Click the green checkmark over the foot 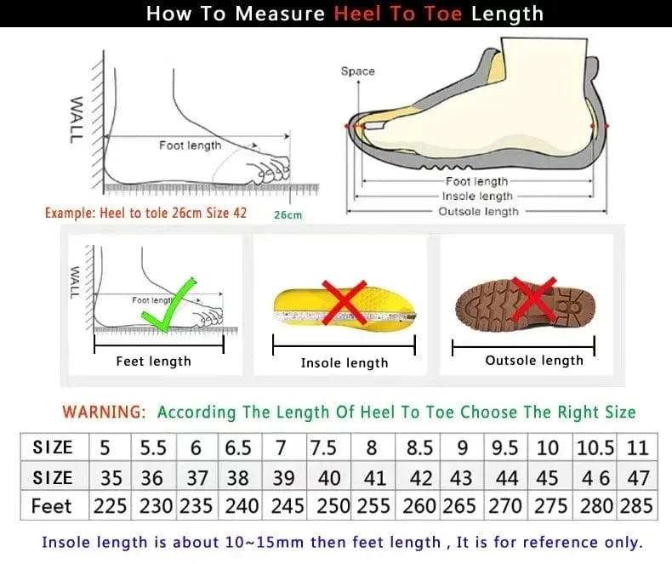pyautogui.click(x=168, y=305)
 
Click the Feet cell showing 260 pyautogui.click(x=420, y=505)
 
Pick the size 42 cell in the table pyautogui.click(x=420, y=477)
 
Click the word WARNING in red pyautogui.click(x=103, y=412)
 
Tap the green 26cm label pyautogui.click(x=288, y=215)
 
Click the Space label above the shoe pyautogui.click(x=357, y=71)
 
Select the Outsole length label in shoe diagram pyautogui.click(x=478, y=211)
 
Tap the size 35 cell pyautogui.click(x=110, y=477)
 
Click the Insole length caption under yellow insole pyautogui.click(x=344, y=362)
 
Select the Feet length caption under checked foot pyautogui.click(x=153, y=362)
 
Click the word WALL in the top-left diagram pyautogui.click(x=77, y=119)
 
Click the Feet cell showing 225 pyautogui.click(x=110, y=505)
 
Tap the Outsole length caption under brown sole pyautogui.click(x=534, y=360)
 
